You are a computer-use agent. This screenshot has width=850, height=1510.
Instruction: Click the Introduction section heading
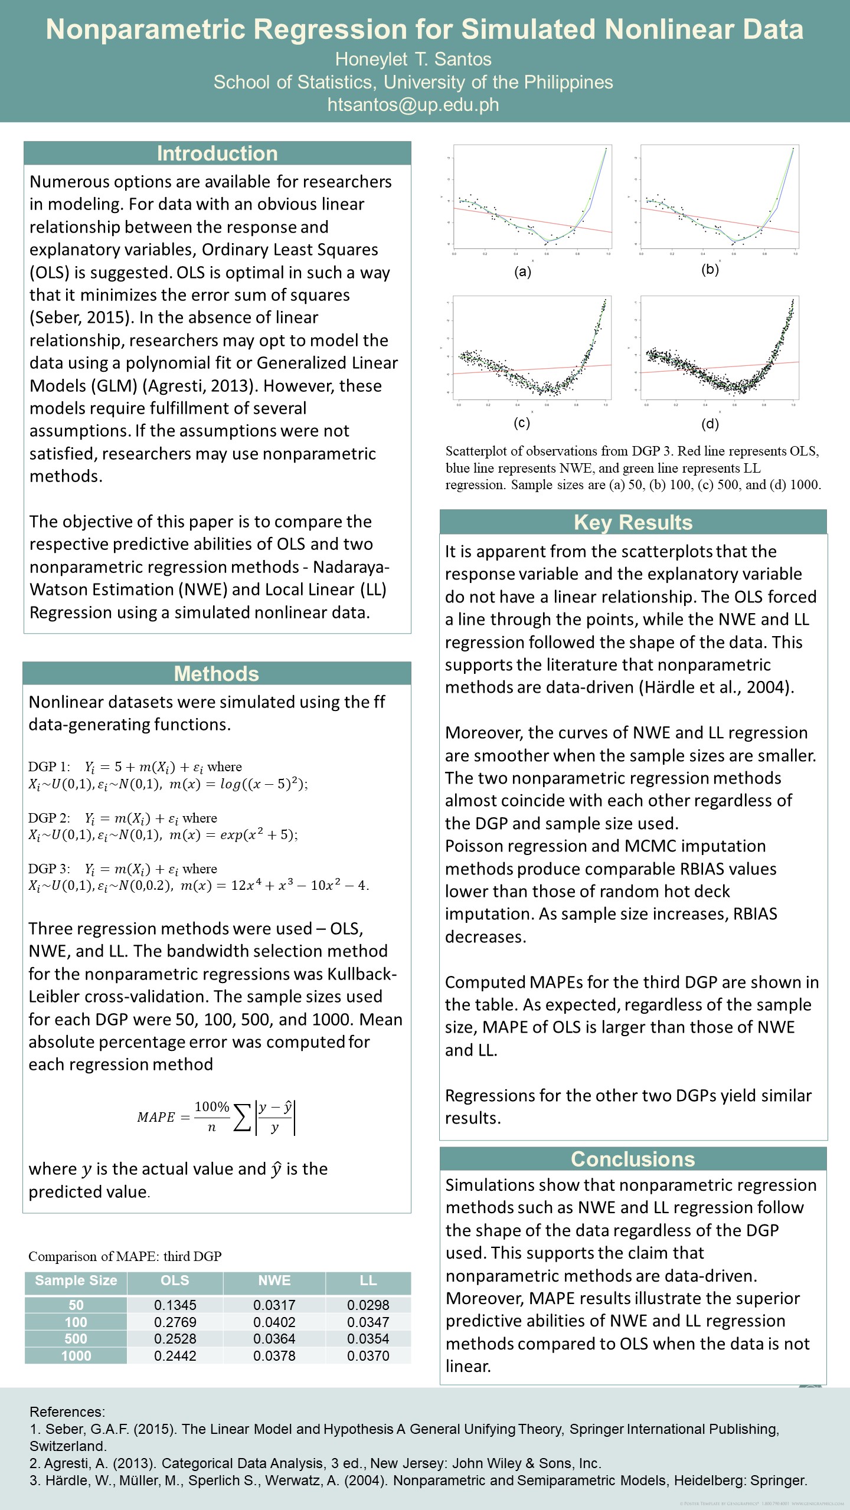coord(217,153)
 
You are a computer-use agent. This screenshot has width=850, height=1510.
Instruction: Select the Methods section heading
coord(216,674)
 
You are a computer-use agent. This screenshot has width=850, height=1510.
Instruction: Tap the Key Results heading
coord(633,523)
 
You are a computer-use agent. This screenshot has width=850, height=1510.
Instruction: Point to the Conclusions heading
coord(633,1159)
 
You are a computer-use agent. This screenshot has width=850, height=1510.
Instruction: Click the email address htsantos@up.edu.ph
coord(413,105)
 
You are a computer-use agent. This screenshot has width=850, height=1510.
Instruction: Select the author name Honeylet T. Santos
coord(413,59)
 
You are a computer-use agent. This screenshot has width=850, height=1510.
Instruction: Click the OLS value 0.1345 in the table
coord(175,1305)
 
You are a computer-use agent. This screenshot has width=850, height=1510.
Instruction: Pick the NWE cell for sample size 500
coord(274,1339)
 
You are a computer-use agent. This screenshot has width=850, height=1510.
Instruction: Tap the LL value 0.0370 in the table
coord(368,1356)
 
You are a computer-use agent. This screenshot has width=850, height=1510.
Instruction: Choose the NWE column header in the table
coord(274,1280)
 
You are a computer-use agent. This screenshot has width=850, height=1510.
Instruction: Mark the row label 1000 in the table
coord(76,1356)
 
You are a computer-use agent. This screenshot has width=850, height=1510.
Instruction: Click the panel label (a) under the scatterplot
coord(523,272)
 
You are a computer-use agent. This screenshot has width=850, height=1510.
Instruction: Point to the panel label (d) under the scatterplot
coord(710,423)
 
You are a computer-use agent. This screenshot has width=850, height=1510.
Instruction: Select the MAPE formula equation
coord(216,1116)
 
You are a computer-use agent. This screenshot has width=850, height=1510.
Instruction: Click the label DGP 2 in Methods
coord(49,818)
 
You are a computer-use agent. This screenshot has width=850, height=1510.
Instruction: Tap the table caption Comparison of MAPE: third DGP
coord(125,1256)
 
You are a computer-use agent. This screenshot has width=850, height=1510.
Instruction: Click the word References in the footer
coord(67,1411)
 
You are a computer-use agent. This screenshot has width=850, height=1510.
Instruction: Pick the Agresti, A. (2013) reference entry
coord(315,1463)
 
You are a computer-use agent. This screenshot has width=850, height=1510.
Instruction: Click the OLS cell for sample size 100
coord(175,1322)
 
